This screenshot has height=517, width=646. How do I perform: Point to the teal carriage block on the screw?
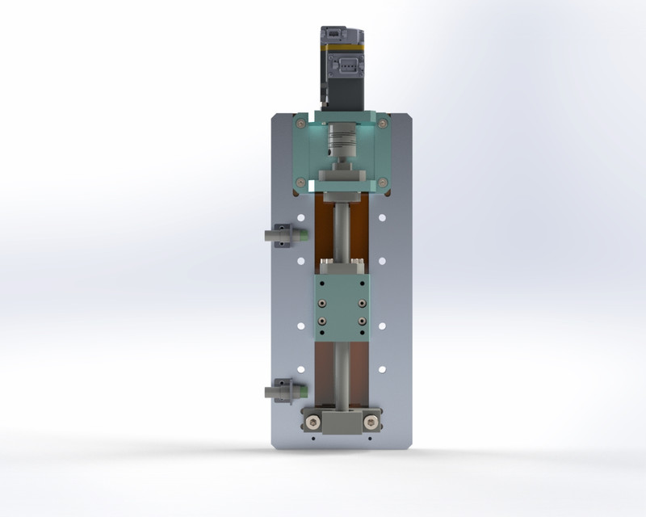(342, 306)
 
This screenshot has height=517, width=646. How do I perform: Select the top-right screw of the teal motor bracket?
(380, 124)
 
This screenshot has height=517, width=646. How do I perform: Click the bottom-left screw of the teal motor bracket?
(301, 183)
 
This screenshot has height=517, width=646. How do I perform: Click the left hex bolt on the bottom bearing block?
(313, 421)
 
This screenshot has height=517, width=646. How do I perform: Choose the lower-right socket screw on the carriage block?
(362, 329)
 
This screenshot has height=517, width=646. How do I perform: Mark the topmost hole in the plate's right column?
(382, 217)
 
